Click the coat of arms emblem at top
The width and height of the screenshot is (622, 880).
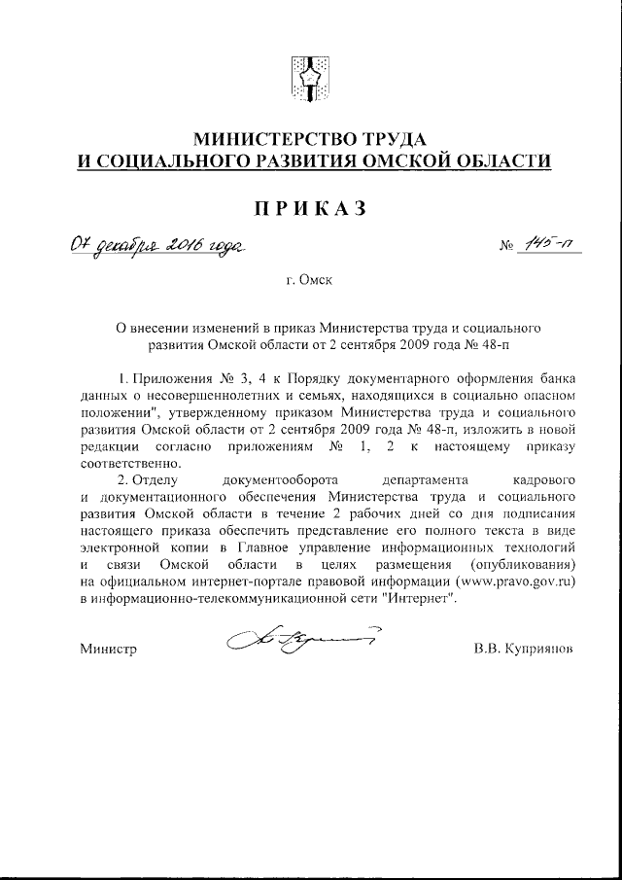point(310,77)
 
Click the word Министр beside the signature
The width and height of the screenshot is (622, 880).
point(108,648)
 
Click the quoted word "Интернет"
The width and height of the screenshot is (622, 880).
point(417,599)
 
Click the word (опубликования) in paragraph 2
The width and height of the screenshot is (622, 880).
point(523,565)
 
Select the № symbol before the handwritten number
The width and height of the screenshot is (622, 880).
point(504,248)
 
